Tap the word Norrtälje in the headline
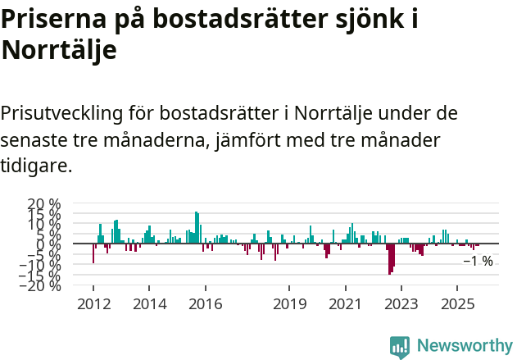59,51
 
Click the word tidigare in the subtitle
36,166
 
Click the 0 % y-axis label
49,244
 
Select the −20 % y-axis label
40,285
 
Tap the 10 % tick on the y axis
44,224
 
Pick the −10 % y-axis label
40,265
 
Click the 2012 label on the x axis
93,303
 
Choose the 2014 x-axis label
148,303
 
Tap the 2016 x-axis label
205,303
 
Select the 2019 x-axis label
288,303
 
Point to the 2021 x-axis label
345,303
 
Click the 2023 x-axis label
401,303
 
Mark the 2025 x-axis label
457,303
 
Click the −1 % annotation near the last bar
478,262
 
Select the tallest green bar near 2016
196,227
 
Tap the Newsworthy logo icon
400,346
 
